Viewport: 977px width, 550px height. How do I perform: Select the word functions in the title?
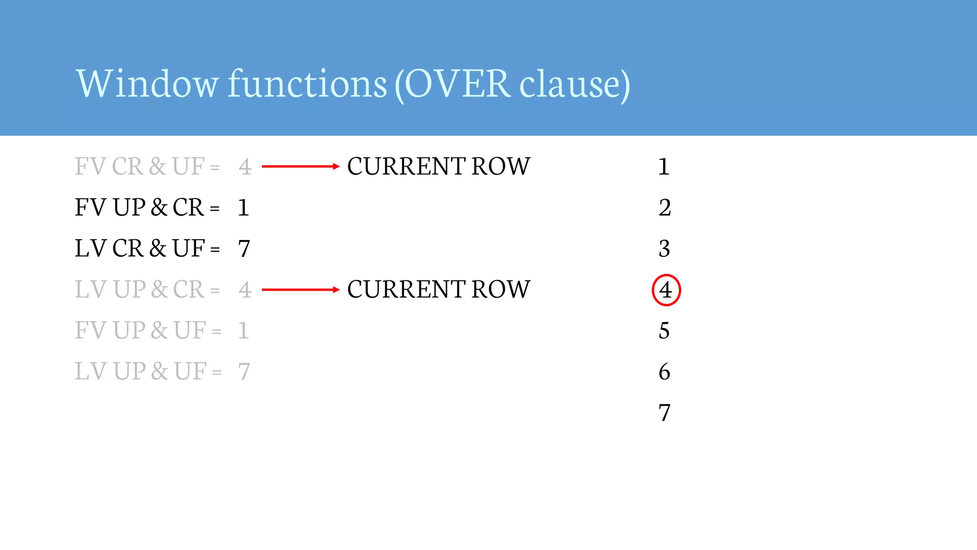pyautogui.click(x=307, y=84)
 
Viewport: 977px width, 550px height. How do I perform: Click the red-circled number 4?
pyautogui.click(x=665, y=290)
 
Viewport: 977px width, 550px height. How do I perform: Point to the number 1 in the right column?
pyautogui.click(x=664, y=167)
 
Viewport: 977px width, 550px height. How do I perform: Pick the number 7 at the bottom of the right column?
pyautogui.click(x=665, y=412)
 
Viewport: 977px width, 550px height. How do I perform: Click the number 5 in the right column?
pyautogui.click(x=664, y=331)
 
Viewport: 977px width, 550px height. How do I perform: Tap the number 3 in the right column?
pyautogui.click(x=664, y=249)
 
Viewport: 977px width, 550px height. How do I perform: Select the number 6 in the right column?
pyautogui.click(x=664, y=372)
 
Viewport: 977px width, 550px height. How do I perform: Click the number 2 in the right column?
pyautogui.click(x=665, y=208)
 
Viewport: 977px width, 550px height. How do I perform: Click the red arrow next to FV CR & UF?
pyautogui.click(x=301, y=167)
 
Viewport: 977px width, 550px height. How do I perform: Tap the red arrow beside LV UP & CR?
pyautogui.click(x=301, y=290)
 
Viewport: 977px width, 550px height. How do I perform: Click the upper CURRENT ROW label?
pyautogui.click(x=438, y=167)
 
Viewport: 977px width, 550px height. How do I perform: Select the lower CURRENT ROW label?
pyautogui.click(x=438, y=290)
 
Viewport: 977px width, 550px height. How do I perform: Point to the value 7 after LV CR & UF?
pyautogui.click(x=244, y=249)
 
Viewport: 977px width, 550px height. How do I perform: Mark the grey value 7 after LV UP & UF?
pyautogui.click(x=244, y=372)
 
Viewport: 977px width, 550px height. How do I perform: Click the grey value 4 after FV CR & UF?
pyautogui.click(x=245, y=167)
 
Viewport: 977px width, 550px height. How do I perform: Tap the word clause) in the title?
pyautogui.click(x=574, y=84)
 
